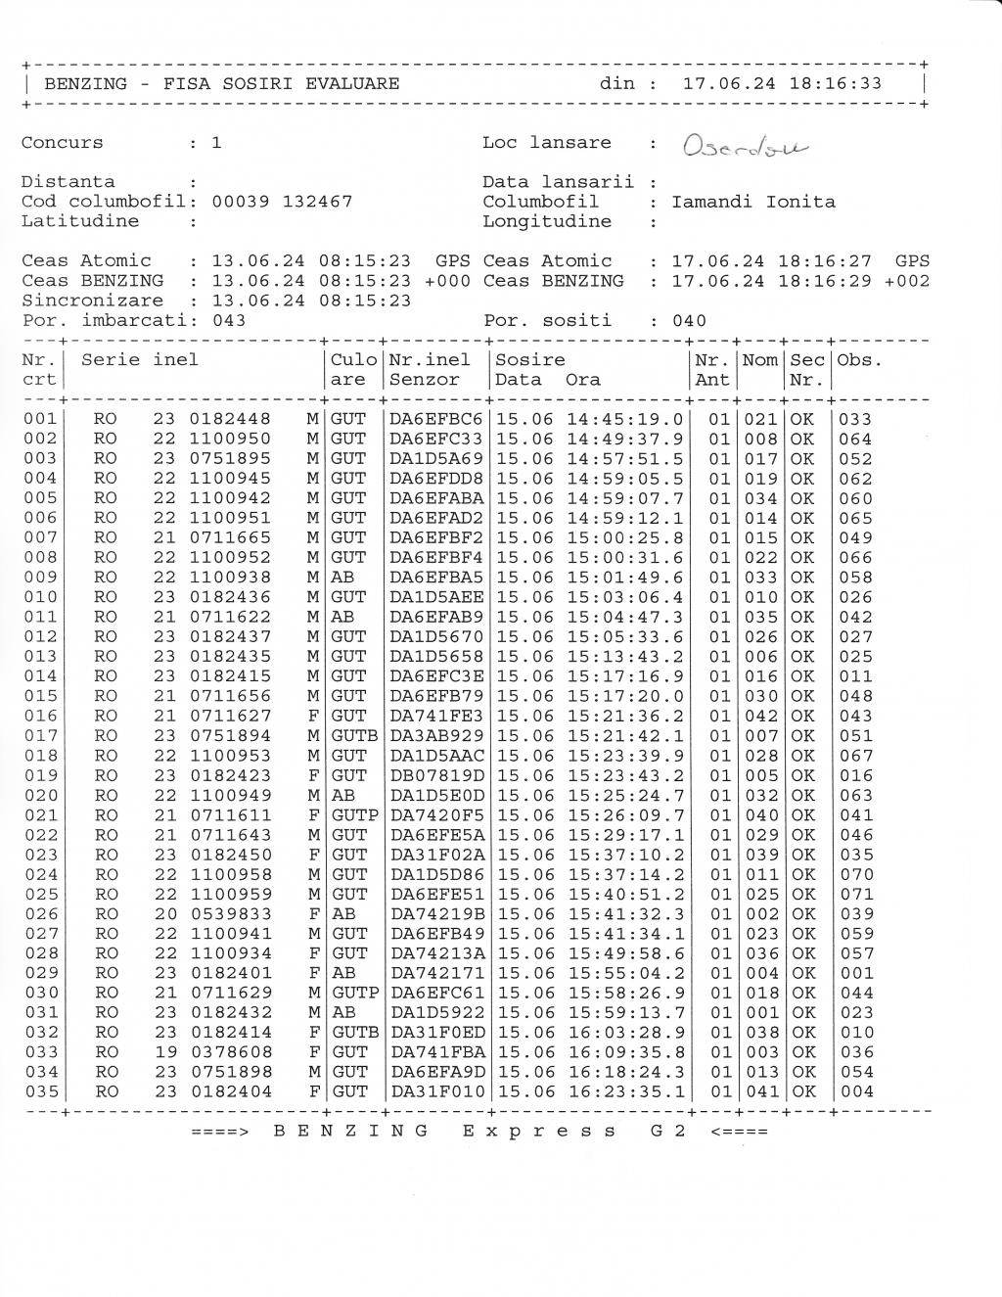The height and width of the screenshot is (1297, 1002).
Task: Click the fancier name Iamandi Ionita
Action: tap(753, 202)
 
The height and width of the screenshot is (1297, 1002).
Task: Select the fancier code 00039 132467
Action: tap(282, 202)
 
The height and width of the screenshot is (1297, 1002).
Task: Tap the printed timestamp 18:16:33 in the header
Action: tap(835, 83)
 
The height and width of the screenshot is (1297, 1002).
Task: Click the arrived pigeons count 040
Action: tap(688, 321)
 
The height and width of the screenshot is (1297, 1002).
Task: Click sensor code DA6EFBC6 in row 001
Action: tap(436, 419)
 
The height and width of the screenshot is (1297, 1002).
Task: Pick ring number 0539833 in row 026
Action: tap(231, 914)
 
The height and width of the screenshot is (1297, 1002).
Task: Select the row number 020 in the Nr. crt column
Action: tap(41, 796)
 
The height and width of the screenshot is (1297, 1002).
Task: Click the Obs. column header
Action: tap(860, 360)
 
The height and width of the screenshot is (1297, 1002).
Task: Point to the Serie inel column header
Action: tap(140, 360)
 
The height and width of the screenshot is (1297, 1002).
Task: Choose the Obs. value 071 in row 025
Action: tap(856, 895)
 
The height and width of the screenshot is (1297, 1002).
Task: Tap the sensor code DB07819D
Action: tap(436, 775)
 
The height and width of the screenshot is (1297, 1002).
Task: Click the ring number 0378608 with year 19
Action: tap(231, 1052)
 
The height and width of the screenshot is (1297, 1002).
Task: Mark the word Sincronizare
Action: tap(92, 301)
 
